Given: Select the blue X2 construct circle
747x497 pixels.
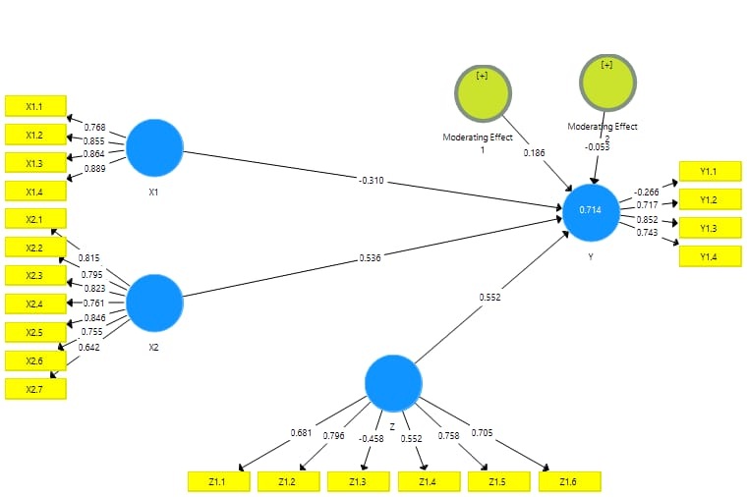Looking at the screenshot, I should [x=154, y=303].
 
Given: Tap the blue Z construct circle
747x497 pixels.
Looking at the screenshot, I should [x=393, y=383].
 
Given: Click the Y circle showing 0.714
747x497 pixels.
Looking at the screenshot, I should [x=591, y=211].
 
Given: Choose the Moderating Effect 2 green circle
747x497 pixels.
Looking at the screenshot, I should [x=607, y=82].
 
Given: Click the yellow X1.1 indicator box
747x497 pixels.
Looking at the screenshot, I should [x=35, y=106].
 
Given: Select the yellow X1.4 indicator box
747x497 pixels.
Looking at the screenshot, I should [x=35, y=191].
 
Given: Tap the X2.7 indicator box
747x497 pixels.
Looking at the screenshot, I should [x=35, y=389].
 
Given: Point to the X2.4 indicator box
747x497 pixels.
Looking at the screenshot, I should [x=35, y=304].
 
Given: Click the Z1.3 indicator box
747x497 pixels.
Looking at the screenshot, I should [x=358, y=481].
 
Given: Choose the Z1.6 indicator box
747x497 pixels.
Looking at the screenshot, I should [x=569, y=481].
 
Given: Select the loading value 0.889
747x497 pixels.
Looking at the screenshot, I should [x=94, y=169].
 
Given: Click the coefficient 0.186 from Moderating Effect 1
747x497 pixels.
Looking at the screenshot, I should [x=534, y=154].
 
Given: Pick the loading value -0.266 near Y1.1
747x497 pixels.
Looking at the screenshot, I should [x=647, y=193].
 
